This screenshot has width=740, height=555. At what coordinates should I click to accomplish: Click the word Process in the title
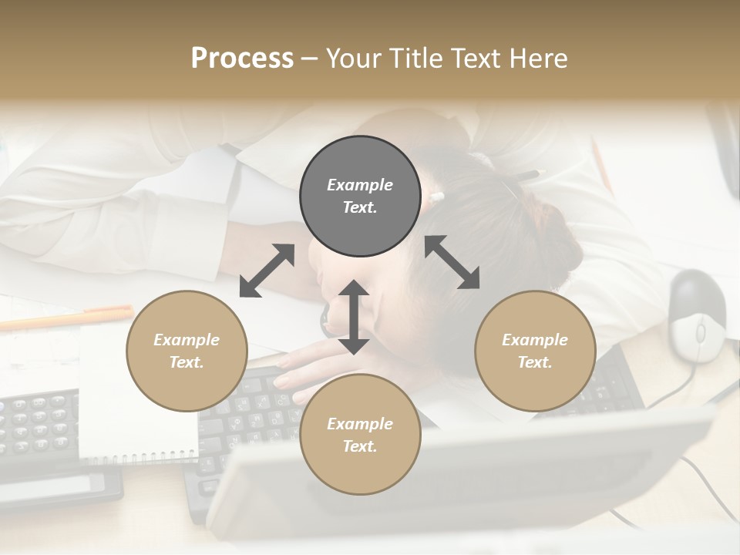point(242,59)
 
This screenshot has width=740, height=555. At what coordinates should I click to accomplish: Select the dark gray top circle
point(360,197)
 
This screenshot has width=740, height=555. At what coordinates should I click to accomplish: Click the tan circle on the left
point(187,351)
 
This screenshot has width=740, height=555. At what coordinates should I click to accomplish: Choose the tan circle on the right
point(535,351)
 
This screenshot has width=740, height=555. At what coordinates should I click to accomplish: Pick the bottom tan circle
point(360,434)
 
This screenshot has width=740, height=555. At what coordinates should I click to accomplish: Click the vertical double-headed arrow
point(354,317)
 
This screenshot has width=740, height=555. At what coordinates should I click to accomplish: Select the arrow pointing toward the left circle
point(267,271)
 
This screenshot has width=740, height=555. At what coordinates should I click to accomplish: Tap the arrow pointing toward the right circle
point(452,262)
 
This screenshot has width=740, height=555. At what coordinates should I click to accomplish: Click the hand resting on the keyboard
point(308,370)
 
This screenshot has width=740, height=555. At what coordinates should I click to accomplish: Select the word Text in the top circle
point(360,207)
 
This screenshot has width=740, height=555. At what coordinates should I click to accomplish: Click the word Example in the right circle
point(535,340)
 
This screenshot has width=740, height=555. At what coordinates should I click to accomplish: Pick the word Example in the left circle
point(187,340)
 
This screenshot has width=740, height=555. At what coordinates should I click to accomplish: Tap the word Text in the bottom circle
point(360,446)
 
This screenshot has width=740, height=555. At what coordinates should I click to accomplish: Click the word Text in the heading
point(472,59)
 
